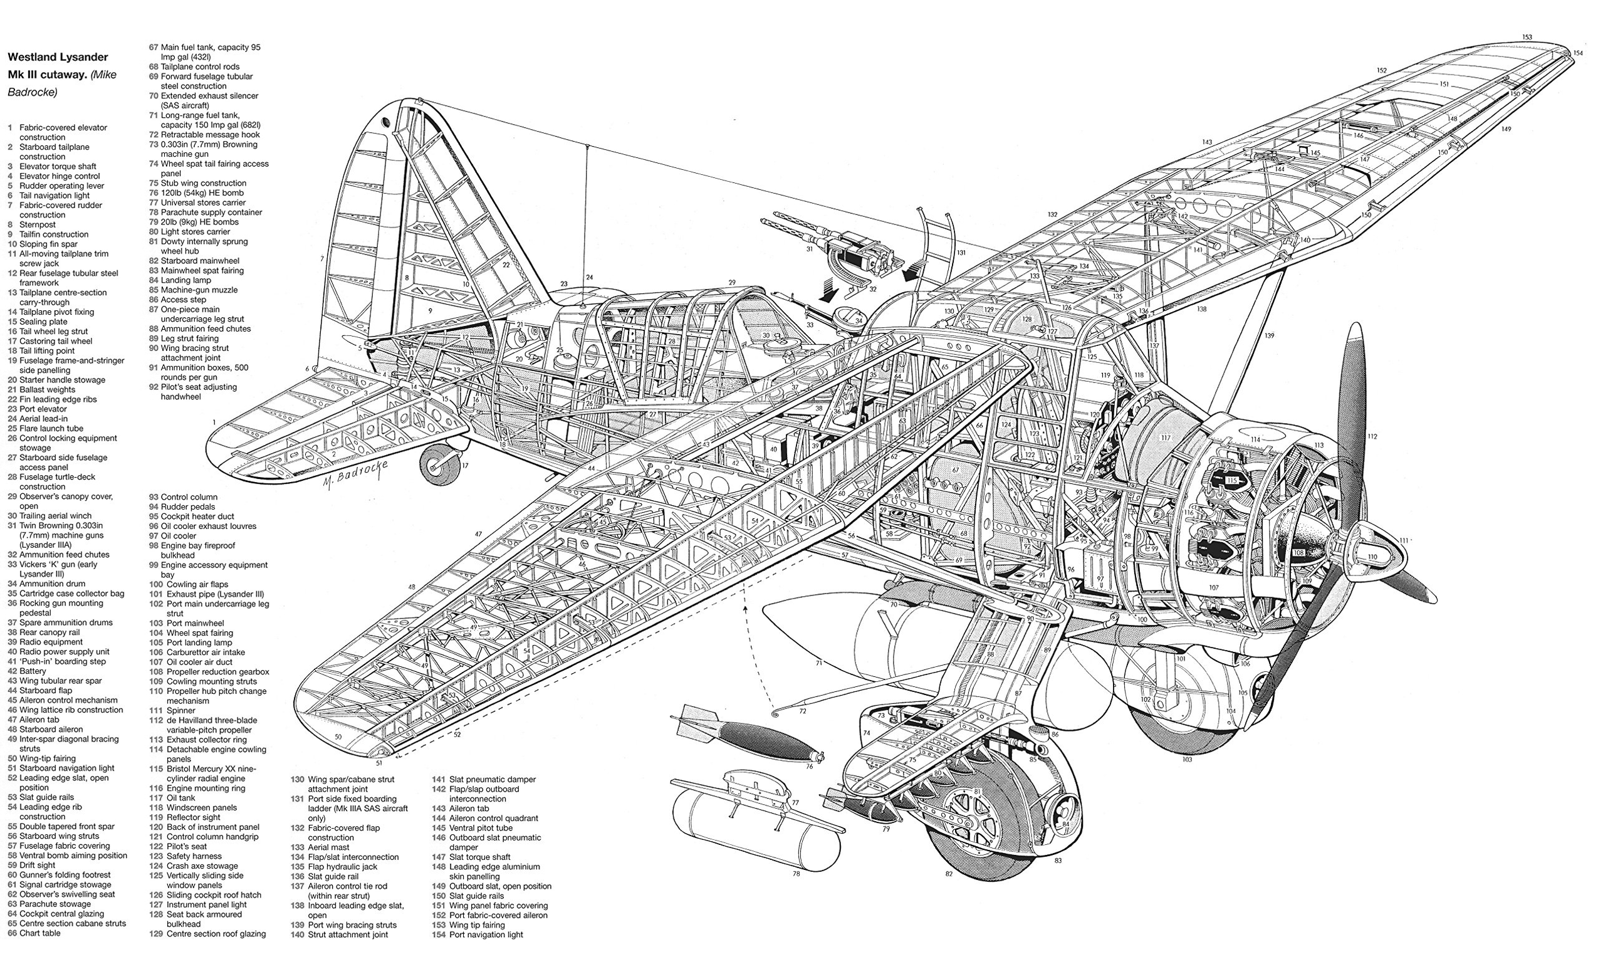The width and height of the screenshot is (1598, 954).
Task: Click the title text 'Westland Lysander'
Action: [58, 57]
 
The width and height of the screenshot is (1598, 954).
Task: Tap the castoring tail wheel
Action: [439, 464]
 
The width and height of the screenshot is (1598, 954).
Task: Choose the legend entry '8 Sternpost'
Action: [31, 224]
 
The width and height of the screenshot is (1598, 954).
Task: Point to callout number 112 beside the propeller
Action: [1372, 436]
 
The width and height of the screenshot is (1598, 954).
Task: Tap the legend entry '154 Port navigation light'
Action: [478, 935]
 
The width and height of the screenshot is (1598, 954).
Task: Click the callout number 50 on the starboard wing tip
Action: [338, 736]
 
